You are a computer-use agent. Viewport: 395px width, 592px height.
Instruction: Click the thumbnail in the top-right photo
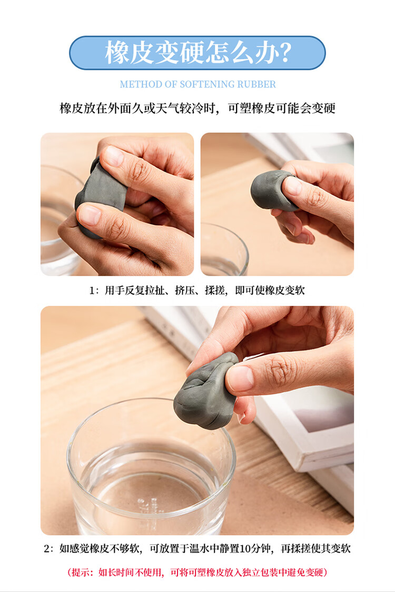point(293,186)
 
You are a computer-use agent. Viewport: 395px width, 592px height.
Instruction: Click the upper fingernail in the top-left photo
point(114,156)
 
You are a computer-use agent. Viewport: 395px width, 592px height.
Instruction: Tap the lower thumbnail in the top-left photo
point(90,215)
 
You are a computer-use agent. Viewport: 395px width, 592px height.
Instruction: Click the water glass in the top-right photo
point(224,249)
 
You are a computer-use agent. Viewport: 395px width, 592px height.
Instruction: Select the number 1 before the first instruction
point(92,290)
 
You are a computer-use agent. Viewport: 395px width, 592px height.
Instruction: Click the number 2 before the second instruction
point(46,548)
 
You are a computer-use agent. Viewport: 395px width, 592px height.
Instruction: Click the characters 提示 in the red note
point(81,573)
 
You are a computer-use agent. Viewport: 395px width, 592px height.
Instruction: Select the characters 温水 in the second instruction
point(200,548)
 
